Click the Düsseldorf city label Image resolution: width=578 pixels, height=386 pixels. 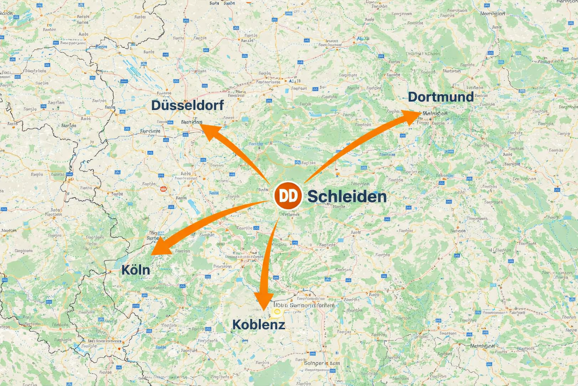[x=187, y=105]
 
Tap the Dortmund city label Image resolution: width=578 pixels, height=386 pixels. [x=441, y=97]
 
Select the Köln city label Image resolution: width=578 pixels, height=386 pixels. [x=135, y=270]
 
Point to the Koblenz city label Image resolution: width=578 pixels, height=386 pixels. [x=259, y=325]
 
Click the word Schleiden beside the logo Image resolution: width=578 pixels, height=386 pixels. [x=347, y=196]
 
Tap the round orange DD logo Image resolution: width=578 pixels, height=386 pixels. [x=288, y=196]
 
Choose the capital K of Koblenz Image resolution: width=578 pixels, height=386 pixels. [x=237, y=325]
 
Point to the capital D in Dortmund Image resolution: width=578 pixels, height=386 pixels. [x=413, y=97]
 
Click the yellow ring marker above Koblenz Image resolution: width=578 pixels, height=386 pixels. [x=277, y=311]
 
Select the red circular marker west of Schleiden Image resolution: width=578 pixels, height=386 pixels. [x=163, y=188]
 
